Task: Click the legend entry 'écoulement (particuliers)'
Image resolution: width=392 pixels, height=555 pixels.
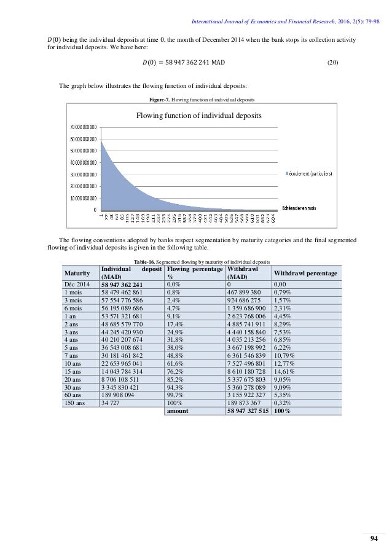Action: click(311, 174)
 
